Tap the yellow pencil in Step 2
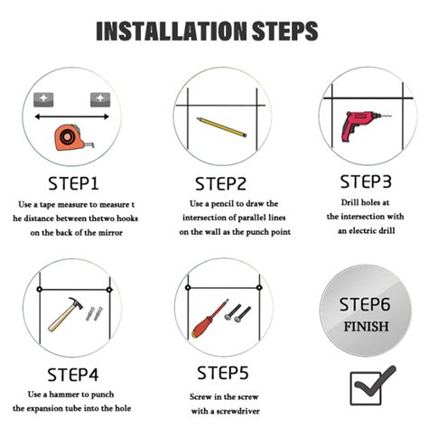pyautogui.click(x=221, y=127)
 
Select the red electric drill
pyautogui.click(x=361, y=125)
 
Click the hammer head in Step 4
pyautogui.click(x=75, y=302)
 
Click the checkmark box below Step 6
pyautogui.click(x=366, y=389)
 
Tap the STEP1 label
pyautogui.click(x=73, y=183)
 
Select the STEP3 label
pyautogui.click(x=366, y=181)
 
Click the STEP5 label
pyautogui.click(x=223, y=373)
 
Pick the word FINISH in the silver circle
pyautogui.click(x=366, y=327)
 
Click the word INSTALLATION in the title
pyautogui.click(x=172, y=31)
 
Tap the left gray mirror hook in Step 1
pyautogui.click(x=43, y=99)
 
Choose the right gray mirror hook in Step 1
pyautogui.click(x=100, y=99)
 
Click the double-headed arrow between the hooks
pyautogui.click(x=71, y=116)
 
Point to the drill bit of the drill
pyautogui.click(x=386, y=116)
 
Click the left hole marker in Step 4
pyautogui.click(x=39, y=289)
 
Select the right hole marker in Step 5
pyautogui.click(x=259, y=288)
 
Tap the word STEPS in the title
pyautogui.click(x=284, y=31)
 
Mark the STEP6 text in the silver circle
pyautogui.click(x=365, y=304)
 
